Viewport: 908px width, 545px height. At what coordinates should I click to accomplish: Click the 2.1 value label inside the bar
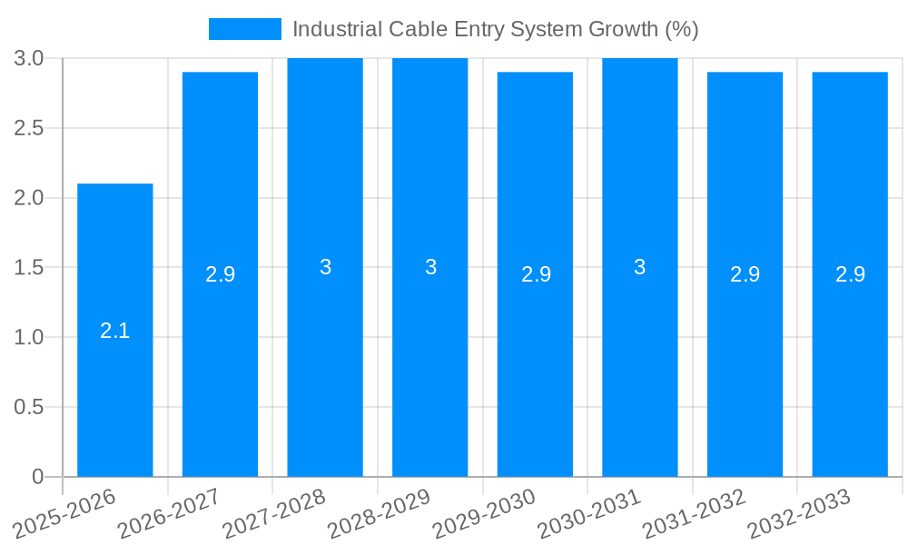pyautogui.click(x=114, y=332)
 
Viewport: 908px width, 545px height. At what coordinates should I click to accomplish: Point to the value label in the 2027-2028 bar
pyautogui.click(x=325, y=268)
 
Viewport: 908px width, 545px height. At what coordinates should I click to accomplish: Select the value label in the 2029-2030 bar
pyautogui.click(x=536, y=274)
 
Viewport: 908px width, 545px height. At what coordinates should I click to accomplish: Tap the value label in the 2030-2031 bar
pyautogui.click(x=640, y=268)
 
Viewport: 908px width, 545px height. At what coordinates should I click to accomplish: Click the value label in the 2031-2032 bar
pyautogui.click(x=745, y=274)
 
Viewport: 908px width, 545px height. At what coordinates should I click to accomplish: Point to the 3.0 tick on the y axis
pyautogui.click(x=29, y=59)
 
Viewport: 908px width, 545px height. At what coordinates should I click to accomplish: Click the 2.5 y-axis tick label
pyautogui.click(x=29, y=128)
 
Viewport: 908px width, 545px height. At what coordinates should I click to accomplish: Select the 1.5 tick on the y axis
pyautogui.click(x=29, y=268)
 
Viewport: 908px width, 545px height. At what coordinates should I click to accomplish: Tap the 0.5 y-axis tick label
pyautogui.click(x=29, y=408)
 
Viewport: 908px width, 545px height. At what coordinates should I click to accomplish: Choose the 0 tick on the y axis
pyautogui.click(x=37, y=477)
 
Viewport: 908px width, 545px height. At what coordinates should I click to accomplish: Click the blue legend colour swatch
pyautogui.click(x=245, y=29)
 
